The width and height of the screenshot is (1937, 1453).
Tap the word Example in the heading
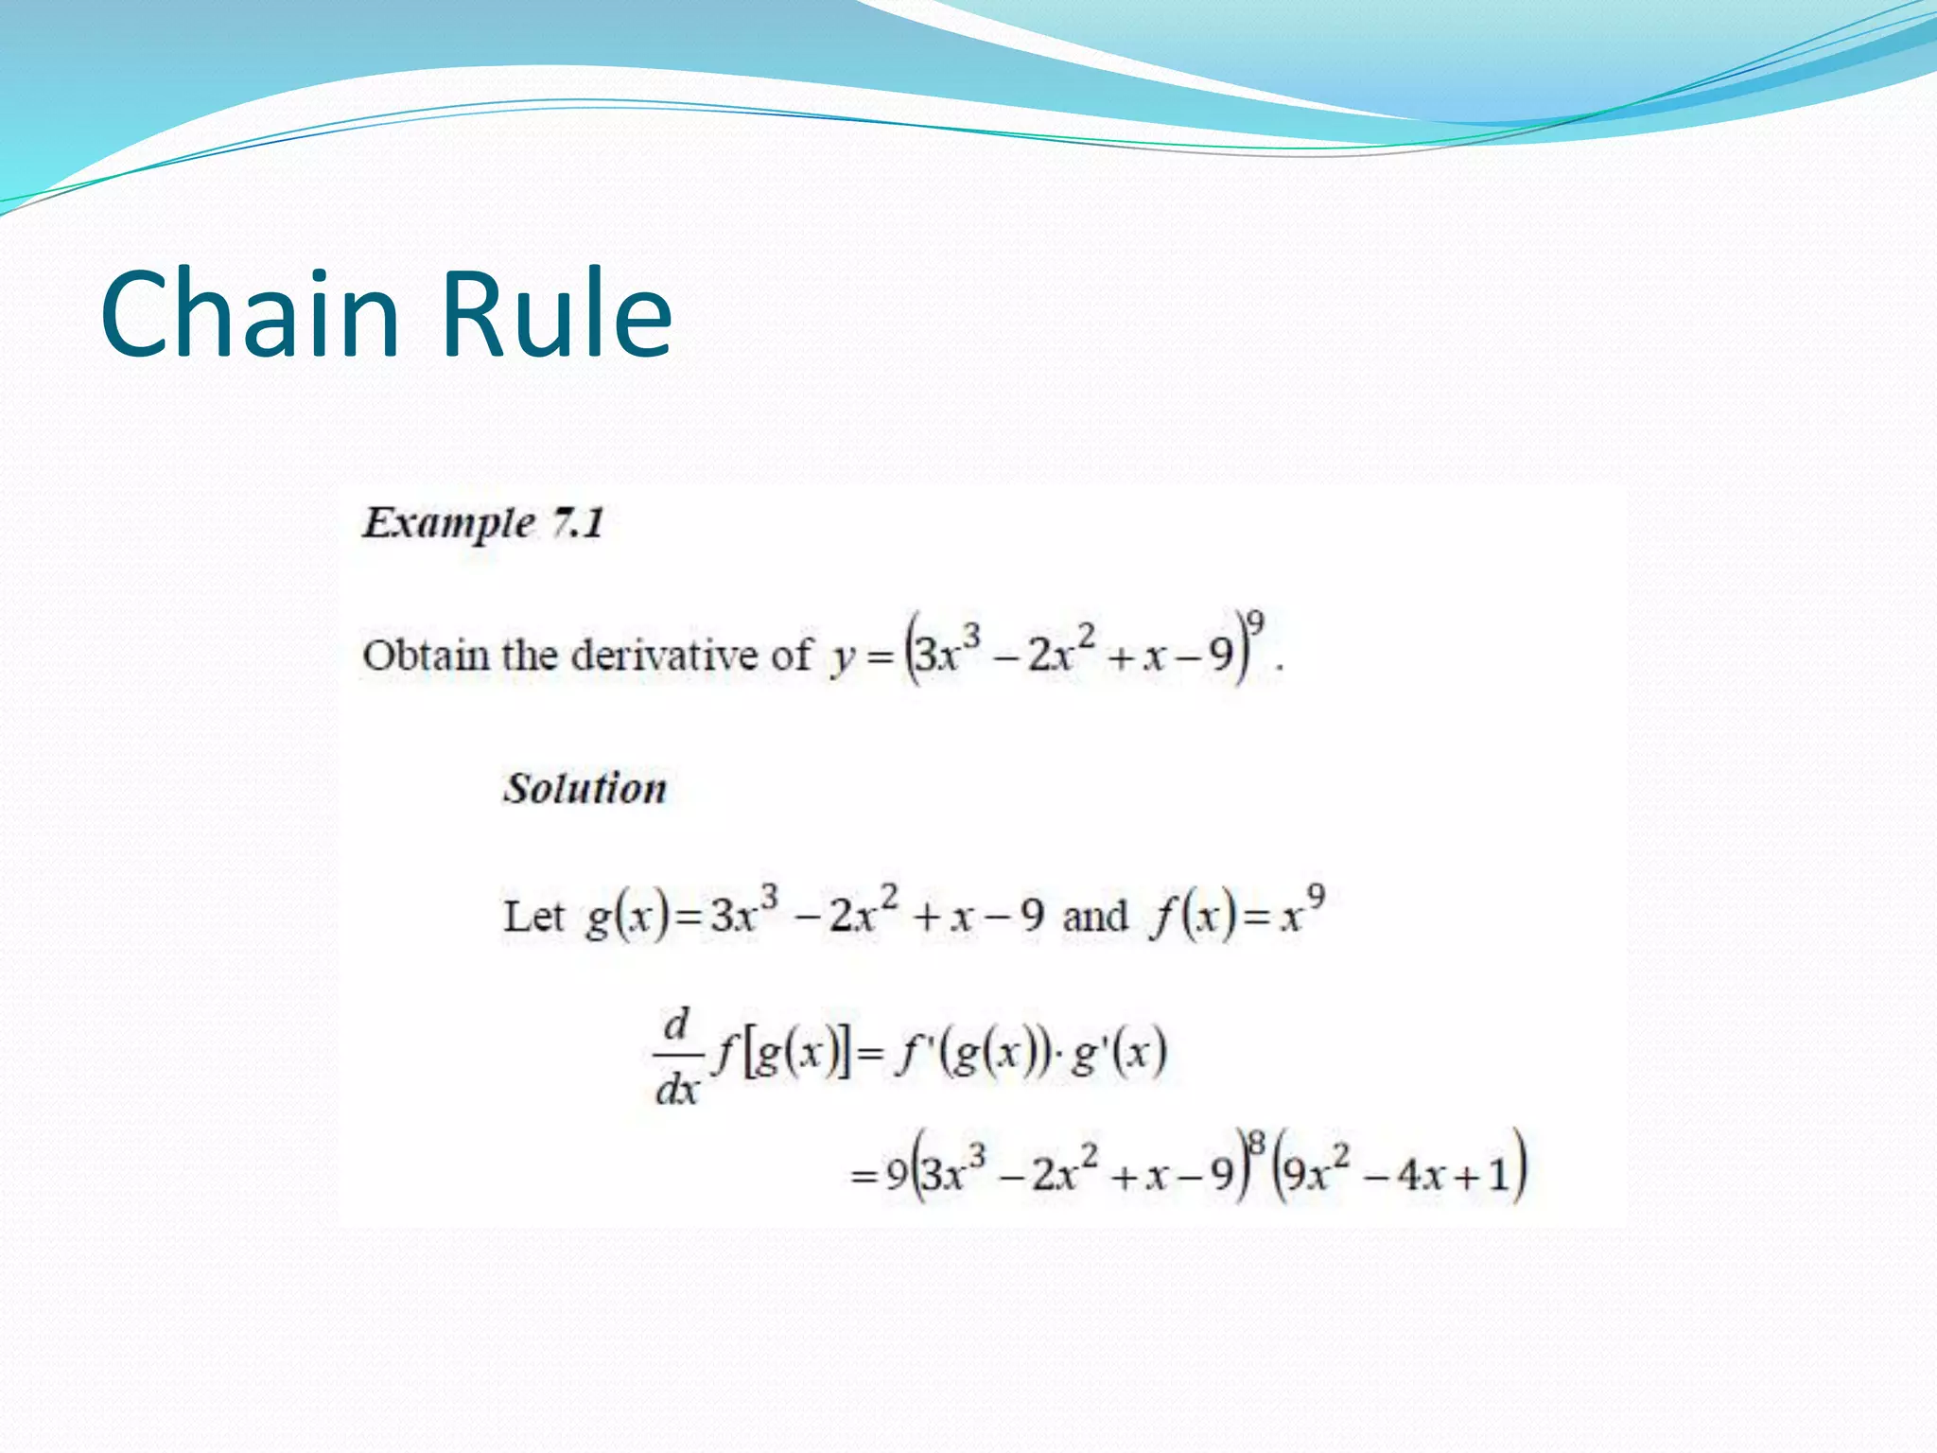(x=448, y=523)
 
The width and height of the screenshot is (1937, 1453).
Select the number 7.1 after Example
(x=578, y=523)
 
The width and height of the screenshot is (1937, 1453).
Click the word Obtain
(x=425, y=655)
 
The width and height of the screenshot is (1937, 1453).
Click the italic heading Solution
(x=585, y=788)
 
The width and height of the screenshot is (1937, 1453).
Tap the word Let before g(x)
(x=532, y=916)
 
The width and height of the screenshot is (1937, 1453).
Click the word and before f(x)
(x=1094, y=916)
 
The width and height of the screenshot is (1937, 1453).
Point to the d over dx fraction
(x=677, y=1056)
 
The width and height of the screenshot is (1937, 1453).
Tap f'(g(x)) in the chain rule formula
(x=974, y=1052)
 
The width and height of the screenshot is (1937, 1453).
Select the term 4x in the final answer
(x=1420, y=1176)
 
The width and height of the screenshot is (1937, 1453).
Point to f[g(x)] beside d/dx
(x=783, y=1052)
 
